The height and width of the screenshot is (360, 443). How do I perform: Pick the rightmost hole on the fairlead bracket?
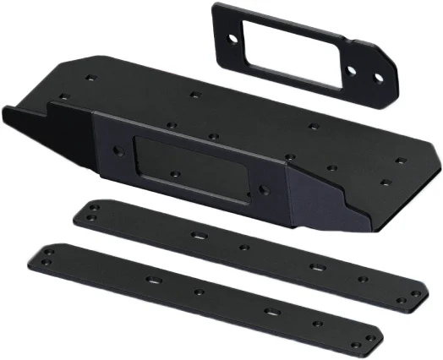379,82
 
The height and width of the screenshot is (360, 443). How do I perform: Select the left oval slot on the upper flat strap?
200,235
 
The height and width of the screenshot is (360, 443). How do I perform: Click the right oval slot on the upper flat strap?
314,268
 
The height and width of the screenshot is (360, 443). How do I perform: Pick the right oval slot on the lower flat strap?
272,312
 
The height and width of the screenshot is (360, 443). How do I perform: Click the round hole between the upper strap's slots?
243,248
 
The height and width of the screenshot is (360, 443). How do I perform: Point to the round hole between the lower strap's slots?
200,292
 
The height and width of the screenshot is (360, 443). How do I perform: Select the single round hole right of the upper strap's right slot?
362,280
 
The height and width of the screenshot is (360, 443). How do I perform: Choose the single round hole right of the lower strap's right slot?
318,324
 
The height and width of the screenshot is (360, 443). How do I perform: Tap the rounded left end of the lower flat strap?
42,254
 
